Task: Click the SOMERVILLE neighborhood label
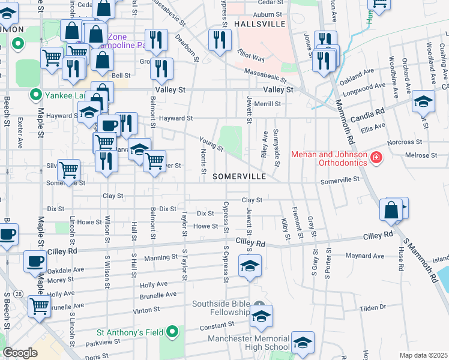[x=239, y=176]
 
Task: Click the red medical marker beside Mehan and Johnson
[x=376, y=158]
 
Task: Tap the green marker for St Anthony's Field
[x=173, y=331]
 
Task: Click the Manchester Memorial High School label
[x=249, y=343]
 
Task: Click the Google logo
[x=20, y=353]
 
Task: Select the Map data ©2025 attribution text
[x=423, y=355]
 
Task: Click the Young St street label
[x=211, y=143]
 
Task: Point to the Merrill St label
[x=267, y=104]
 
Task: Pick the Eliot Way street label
[x=251, y=56]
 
